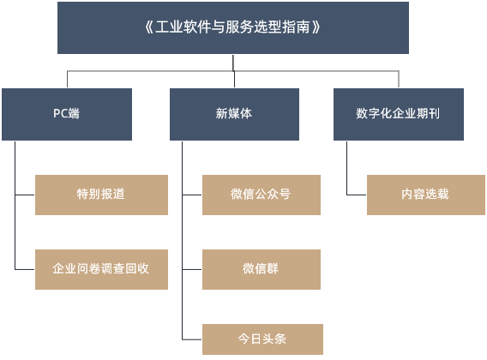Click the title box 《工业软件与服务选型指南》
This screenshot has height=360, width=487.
pos(233,28)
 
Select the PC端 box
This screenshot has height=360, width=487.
pos(67,114)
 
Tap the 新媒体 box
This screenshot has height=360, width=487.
pos(234,114)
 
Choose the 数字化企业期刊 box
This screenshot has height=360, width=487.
pos(399,114)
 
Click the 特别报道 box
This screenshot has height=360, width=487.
pos(101,195)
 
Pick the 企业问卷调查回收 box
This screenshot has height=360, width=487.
pos(101,269)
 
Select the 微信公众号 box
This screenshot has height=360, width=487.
pos(262,195)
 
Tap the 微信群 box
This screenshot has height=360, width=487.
pos(262,269)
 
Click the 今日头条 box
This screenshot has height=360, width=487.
pos(262,339)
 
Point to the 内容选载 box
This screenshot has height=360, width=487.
pos(426,195)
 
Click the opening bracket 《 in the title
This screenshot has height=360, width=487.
pos(149,27)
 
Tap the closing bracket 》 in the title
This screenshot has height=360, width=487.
pos(316,27)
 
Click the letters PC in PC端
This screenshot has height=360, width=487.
pos(60,113)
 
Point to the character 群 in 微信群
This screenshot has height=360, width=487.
pos(273,268)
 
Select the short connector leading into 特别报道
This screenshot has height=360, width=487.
pos(25,195)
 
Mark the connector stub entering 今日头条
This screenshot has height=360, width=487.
pos(192,339)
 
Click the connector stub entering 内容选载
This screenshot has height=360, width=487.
pos(357,195)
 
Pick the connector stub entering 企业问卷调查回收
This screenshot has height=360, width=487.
pos(25,269)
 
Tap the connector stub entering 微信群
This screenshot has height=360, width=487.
pos(192,269)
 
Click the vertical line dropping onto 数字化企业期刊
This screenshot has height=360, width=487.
pos(399,80)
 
